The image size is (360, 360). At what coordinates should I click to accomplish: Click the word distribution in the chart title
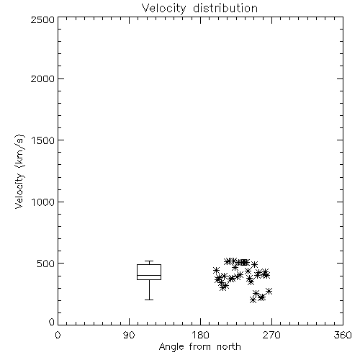(x=225, y=8)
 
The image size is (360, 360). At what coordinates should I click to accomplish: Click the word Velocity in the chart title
(x=164, y=9)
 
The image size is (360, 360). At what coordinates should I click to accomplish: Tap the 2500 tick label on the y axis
(x=42, y=19)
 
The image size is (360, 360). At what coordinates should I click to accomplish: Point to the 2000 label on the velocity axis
(x=42, y=78)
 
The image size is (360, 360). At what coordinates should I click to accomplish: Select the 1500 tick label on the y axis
(x=43, y=140)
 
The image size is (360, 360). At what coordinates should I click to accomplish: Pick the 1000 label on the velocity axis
(x=43, y=202)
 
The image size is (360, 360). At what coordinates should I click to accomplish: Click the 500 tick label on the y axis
(x=46, y=264)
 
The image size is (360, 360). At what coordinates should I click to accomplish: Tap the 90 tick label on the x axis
(x=129, y=335)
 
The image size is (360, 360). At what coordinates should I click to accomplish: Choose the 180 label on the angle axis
(x=200, y=335)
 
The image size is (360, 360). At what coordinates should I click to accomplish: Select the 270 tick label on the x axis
(x=271, y=335)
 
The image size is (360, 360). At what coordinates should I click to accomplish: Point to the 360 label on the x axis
(x=343, y=335)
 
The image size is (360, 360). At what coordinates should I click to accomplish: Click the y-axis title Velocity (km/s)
(x=19, y=171)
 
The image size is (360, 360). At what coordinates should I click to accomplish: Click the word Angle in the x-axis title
(x=171, y=348)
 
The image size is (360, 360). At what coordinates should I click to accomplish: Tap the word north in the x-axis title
(x=229, y=347)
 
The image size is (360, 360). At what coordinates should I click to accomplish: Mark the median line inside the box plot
(x=149, y=275)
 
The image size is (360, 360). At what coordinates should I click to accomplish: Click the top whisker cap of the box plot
(x=149, y=261)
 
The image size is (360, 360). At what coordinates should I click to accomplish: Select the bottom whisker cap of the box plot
(x=149, y=300)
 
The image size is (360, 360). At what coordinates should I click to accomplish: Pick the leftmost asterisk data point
(x=216, y=270)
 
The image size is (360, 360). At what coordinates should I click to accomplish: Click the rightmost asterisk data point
(x=269, y=291)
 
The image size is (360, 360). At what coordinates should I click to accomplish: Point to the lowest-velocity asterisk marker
(x=253, y=300)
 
